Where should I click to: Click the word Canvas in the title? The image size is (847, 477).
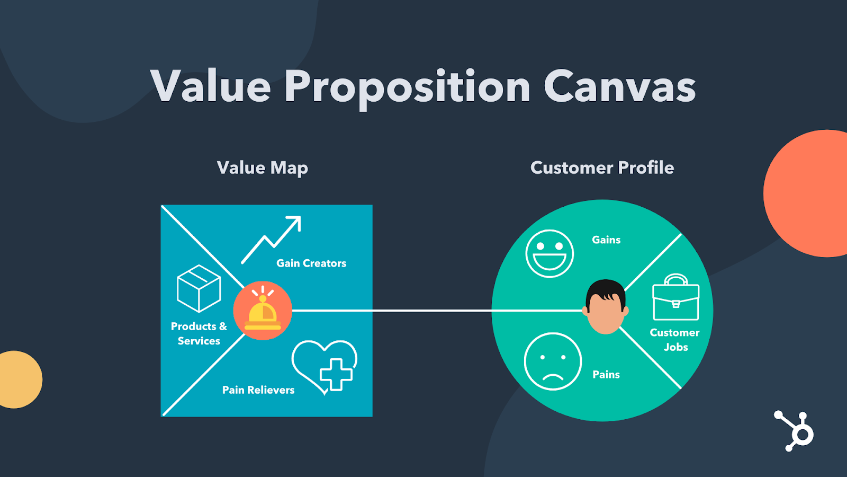tap(619, 86)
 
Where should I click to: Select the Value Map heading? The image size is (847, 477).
tap(263, 168)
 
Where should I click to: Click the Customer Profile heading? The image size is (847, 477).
tap(602, 168)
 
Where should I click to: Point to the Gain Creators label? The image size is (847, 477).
tap(311, 263)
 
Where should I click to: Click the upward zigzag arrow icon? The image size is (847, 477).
tap(272, 239)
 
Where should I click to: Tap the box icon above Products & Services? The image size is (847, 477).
tap(199, 288)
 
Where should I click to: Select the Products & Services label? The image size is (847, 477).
tap(199, 334)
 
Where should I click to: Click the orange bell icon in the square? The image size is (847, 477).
tap(263, 311)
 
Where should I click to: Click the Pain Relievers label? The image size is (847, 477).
tap(258, 390)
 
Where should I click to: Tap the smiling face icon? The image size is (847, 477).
tap(549, 253)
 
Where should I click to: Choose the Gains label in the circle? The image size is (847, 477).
tap(606, 240)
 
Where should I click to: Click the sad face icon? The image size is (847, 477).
tap(553, 361)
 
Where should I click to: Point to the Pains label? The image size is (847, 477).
tap(606, 375)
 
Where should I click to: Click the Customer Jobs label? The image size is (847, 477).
tap(675, 340)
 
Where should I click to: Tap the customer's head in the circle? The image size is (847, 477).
tap(606, 307)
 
